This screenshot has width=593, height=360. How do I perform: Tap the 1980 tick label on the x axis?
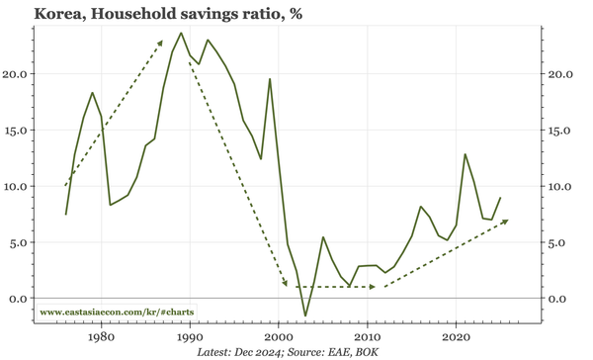[x=101, y=336]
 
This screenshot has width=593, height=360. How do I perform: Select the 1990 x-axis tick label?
[x=190, y=336]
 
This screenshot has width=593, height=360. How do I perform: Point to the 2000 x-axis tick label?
[x=279, y=336]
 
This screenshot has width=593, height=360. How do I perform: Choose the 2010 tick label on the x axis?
[x=368, y=336]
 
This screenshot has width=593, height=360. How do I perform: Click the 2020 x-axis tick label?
[x=456, y=336]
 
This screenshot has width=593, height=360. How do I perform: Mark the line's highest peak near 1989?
[x=181, y=33]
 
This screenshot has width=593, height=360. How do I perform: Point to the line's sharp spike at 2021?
[x=465, y=154]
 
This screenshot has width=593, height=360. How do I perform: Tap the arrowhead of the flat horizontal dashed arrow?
[x=373, y=287]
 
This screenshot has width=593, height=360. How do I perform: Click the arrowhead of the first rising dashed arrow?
[x=161, y=42]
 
